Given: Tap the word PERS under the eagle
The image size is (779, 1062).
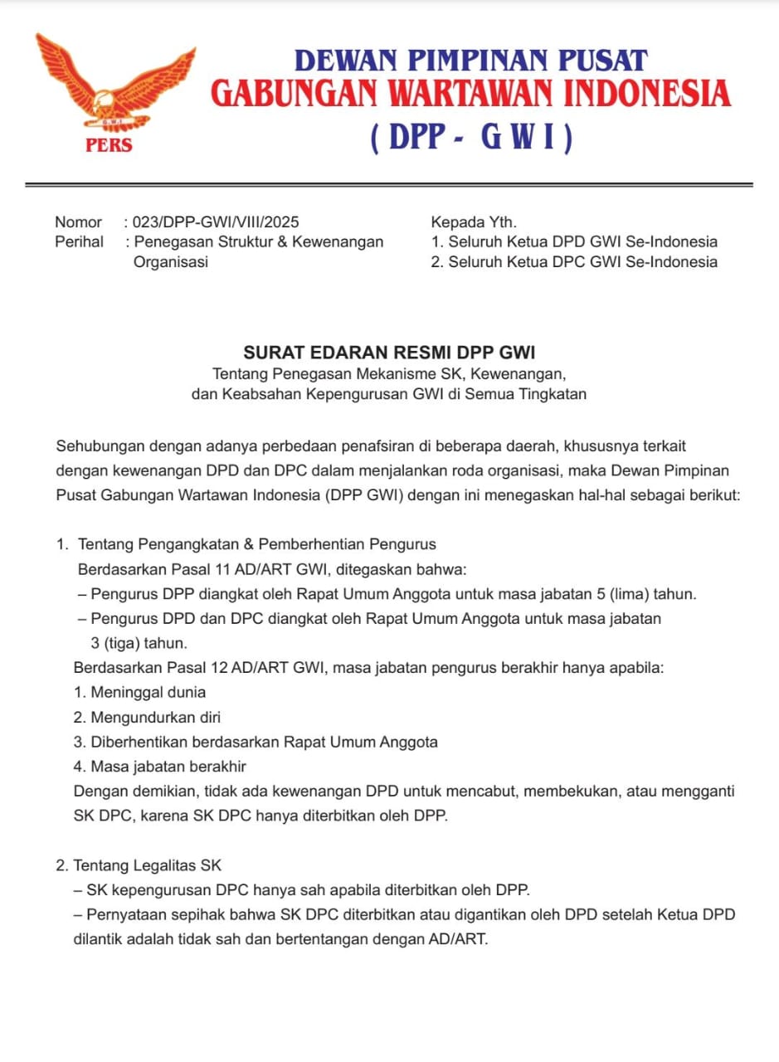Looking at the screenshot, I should [x=109, y=144].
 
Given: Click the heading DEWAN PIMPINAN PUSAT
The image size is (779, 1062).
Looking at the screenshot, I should [x=470, y=60].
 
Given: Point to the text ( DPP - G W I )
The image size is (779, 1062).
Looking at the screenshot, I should [x=470, y=138].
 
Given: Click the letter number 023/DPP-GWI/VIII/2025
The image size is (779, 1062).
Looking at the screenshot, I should [x=211, y=222].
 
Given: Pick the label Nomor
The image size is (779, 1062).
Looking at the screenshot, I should [x=78, y=222].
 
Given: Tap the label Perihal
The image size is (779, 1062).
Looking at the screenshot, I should [x=79, y=242].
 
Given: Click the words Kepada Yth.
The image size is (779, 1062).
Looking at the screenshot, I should [x=474, y=222].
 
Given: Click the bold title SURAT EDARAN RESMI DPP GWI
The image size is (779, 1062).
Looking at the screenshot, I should [x=388, y=352].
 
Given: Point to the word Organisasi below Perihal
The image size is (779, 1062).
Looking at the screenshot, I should [x=171, y=262].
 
